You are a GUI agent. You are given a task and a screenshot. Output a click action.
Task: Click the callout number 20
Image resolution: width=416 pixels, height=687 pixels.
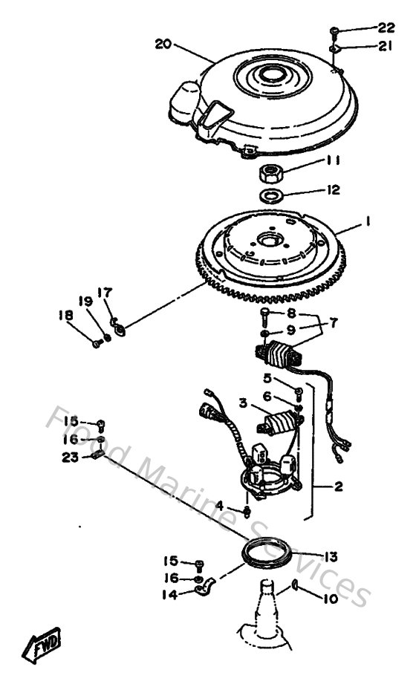[x=163, y=44]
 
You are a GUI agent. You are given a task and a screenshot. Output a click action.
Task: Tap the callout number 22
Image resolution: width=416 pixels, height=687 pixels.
[x=386, y=28]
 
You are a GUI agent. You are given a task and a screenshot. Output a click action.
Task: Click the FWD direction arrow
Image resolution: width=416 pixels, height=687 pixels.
[x=46, y=644]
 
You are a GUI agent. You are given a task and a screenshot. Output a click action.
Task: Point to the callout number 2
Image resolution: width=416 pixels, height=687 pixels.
[x=337, y=487]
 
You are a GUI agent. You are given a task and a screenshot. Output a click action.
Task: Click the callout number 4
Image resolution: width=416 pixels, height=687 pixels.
[x=219, y=506]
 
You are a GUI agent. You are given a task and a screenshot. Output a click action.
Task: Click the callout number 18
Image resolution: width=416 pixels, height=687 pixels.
[x=68, y=316]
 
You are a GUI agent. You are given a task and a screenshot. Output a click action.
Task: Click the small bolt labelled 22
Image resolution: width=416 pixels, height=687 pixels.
[x=335, y=30]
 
